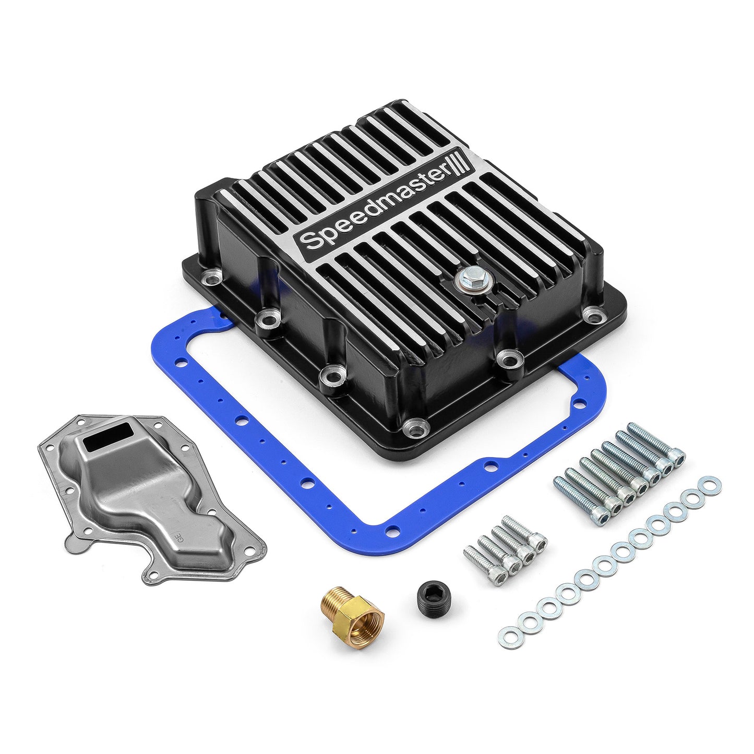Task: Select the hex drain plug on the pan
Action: coord(464,279)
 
